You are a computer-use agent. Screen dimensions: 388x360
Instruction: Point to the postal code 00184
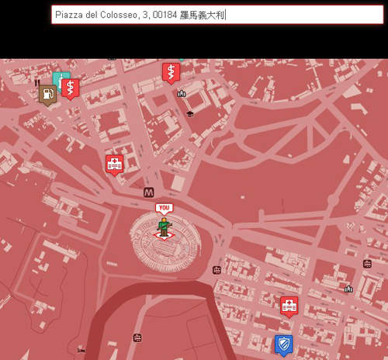coord(164,15)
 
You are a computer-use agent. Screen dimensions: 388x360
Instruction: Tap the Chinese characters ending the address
coord(202,15)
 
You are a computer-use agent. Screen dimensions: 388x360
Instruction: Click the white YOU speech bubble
coord(163,208)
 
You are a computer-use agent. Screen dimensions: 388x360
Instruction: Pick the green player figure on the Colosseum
coord(164,226)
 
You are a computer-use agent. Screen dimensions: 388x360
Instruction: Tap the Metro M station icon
coord(148,192)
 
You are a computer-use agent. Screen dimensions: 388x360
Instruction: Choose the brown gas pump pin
coord(47,95)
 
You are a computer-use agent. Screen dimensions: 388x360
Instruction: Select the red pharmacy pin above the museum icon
coord(170,72)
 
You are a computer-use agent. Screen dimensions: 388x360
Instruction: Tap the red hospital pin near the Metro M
coord(115,164)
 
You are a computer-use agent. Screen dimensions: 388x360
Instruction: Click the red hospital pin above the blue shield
coord(289,306)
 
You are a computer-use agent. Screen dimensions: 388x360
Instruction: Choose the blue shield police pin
coord(283,343)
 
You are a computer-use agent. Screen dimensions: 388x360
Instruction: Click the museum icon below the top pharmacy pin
coord(182,94)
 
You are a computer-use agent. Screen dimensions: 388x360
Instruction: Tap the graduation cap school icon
coord(190,114)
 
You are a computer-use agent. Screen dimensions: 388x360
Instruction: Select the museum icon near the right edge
coord(348,289)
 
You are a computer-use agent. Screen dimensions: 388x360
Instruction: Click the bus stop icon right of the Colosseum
coord(217,270)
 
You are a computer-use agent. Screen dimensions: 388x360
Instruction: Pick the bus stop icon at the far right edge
coord(367,264)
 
